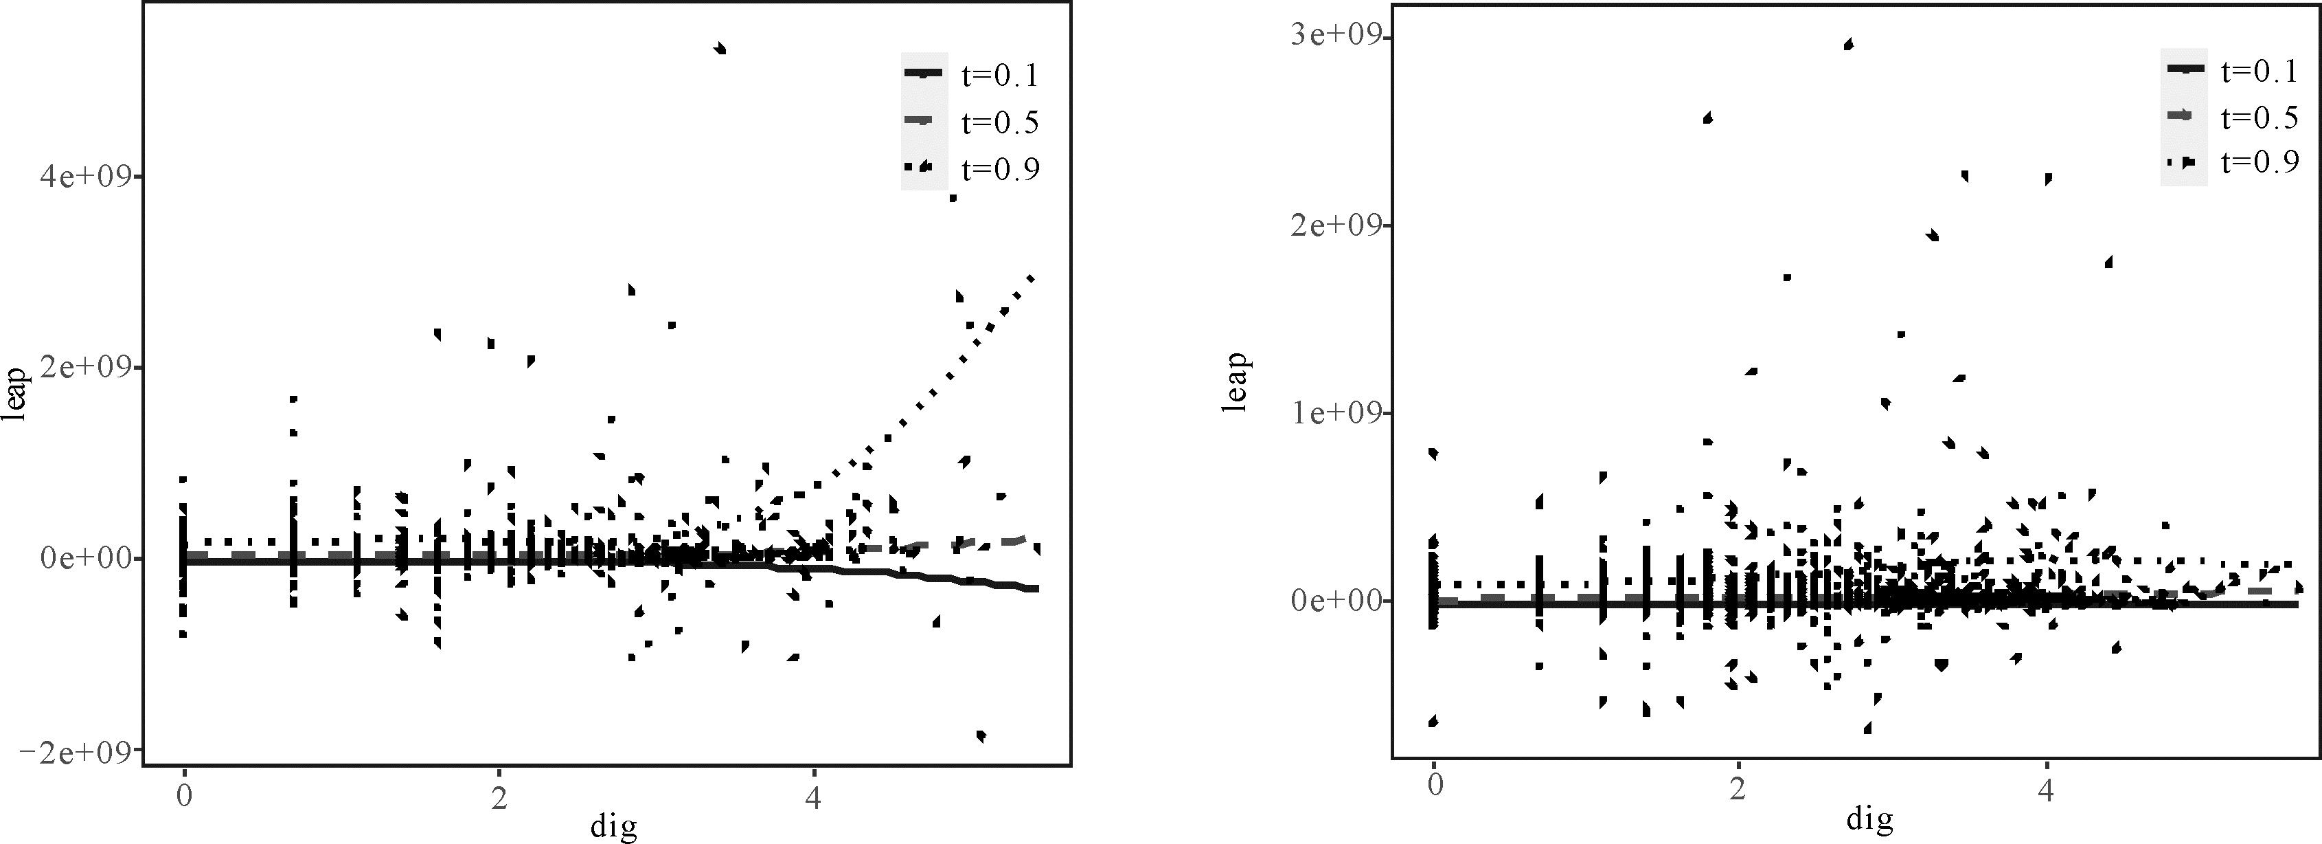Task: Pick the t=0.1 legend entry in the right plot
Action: [x=2260, y=70]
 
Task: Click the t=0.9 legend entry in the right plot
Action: [x=2260, y=162]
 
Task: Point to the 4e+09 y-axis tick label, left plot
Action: [x=84, y=177]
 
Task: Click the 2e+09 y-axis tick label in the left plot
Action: [x=84, y=368]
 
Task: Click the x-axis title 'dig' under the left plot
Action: [x=613, y=826]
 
